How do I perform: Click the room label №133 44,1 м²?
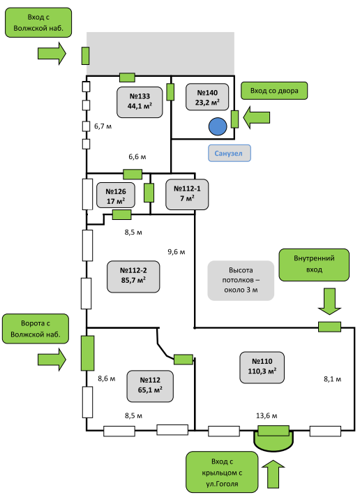[140, 102]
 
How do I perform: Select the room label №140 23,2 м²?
[207, 97]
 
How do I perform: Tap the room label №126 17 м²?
[116, 195]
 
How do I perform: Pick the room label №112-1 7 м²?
[187, 194]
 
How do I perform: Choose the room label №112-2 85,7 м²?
[133, 276]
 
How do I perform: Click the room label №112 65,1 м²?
[150, 386]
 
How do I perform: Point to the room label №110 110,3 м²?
[262, 367]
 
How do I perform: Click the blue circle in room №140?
[218, 126]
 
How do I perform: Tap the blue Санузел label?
[229, 153]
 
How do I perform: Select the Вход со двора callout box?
[274, 91]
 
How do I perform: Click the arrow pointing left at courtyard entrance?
[256, 117]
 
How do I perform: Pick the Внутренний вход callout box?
[314, 265]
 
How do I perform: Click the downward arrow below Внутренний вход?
[329, 301]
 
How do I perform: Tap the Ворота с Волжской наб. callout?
[36, 329]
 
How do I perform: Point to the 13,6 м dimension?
[267, 415]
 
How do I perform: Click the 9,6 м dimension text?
[177, 252]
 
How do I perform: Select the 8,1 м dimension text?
[333, 379]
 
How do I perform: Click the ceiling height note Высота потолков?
[241, 281]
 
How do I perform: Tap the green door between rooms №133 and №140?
[170, 92]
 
